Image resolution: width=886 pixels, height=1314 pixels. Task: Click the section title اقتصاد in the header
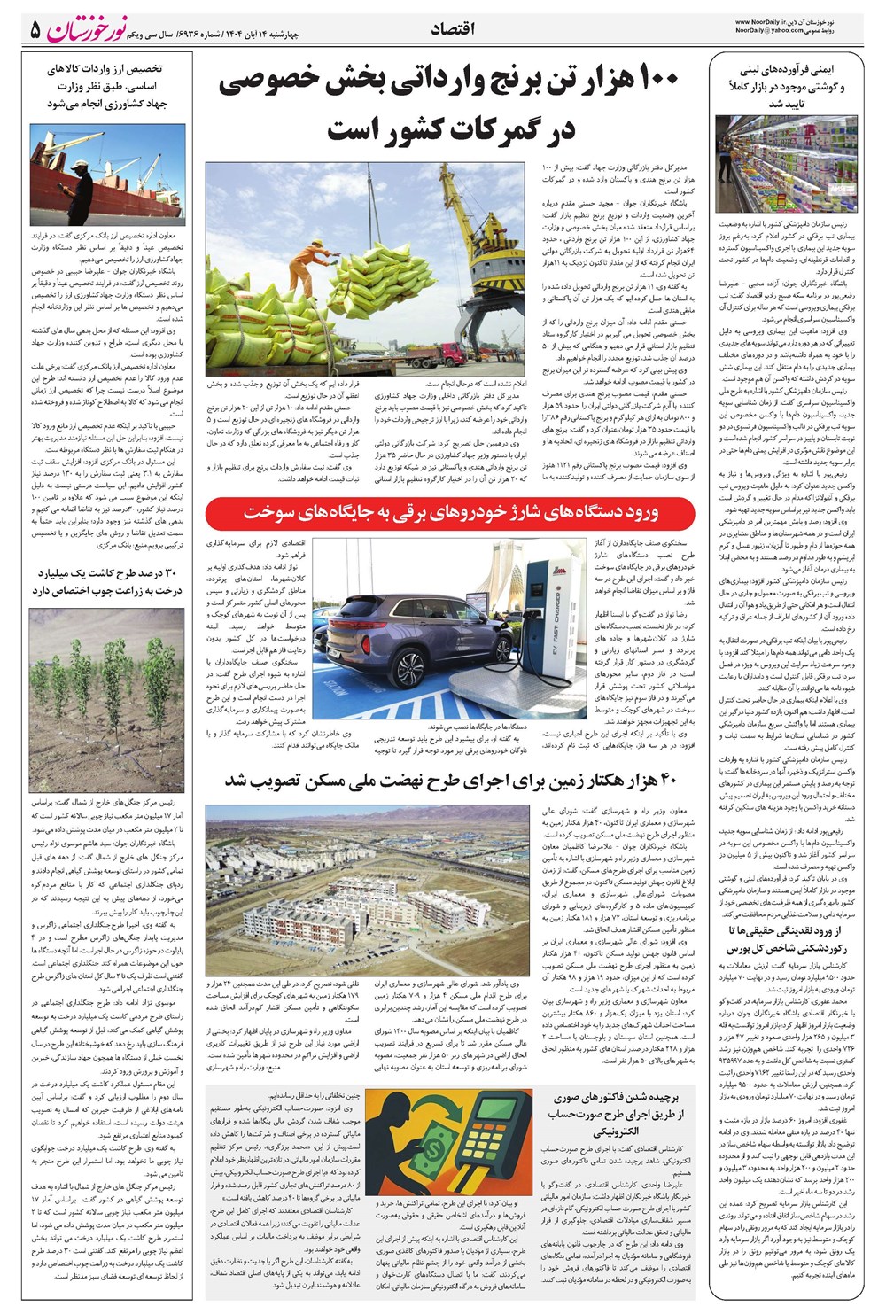[453, 29]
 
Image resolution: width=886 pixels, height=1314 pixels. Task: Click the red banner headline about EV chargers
[452, 512]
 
